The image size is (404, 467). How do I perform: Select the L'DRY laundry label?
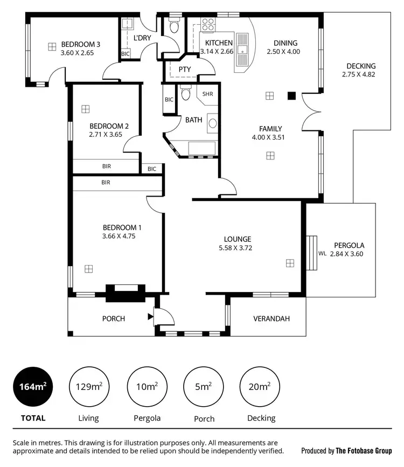pos(142,38)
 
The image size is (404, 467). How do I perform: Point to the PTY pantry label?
pos(185,69)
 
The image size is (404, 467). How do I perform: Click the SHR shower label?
pos(207,94)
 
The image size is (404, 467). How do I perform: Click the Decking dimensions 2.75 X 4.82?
pos(358,74)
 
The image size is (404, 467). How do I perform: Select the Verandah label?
pos(271,318)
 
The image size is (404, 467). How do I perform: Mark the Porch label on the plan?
pos(114,318)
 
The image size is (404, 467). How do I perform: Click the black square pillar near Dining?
pos(291,96)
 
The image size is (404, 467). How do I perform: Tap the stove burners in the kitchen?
pos(208,24)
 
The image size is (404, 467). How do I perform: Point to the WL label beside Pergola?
pos(322,253)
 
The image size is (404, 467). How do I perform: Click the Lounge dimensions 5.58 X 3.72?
pos(238,248)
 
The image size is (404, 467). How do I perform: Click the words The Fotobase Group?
pos(364,450)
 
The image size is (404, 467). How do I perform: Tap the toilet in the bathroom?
pos(186,94)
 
